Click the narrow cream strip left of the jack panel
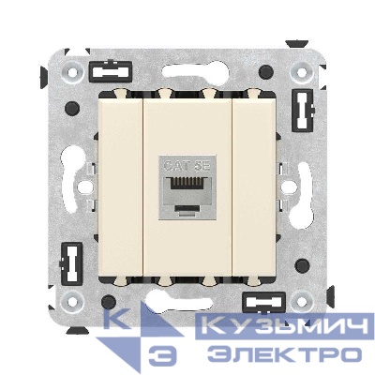[127, 187]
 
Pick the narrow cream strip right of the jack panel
[248, 187]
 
